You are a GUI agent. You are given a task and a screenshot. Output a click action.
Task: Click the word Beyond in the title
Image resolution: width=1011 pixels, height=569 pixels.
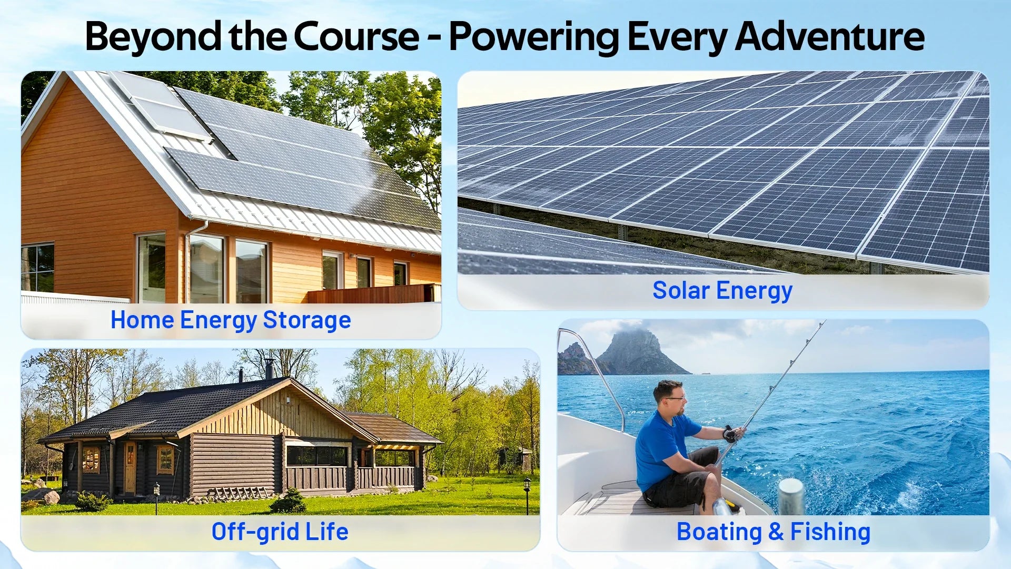(x=153, y=37)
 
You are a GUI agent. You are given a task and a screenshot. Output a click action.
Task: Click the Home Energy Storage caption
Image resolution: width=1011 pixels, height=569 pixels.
(x=231, y=320)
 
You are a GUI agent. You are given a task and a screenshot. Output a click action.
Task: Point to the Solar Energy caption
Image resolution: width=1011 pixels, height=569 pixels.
(x=722, y=291)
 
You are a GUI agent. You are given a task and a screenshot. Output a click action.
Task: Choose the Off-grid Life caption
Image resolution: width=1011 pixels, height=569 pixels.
(x=280, y=532)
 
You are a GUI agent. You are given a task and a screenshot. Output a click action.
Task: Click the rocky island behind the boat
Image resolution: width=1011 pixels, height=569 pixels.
(x=640, y=353)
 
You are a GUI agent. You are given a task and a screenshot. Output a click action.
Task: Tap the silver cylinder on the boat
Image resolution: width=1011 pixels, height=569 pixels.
(x=791, y=496)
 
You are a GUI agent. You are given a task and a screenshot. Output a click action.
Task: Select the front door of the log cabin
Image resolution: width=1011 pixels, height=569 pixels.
(x=130, y=468)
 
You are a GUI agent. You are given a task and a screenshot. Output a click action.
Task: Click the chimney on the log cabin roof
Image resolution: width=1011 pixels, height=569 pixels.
(x=269, y=368)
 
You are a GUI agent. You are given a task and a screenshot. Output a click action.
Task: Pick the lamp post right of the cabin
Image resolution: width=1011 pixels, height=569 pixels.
(x=527, y=495)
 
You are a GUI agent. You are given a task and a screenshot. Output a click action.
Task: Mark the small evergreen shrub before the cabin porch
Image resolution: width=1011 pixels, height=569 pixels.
(x=289, y=501)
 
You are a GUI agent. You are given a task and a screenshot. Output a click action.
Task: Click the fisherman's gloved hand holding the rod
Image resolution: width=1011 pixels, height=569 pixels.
(x=732, y=434)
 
